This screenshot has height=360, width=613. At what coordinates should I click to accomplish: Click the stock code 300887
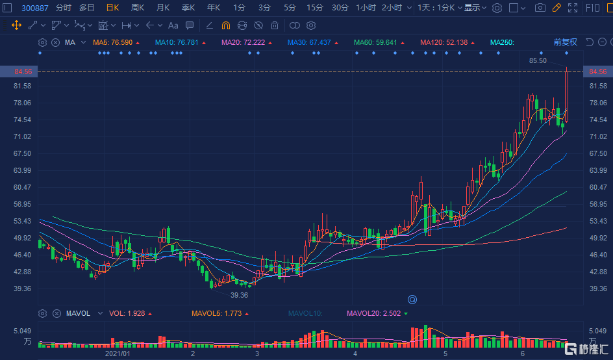[35, 8]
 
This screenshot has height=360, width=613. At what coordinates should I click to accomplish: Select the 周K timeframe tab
[137, 8]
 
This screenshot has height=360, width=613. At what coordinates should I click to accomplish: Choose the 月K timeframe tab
[162, 8]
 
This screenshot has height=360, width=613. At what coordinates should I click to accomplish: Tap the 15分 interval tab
[314, 8]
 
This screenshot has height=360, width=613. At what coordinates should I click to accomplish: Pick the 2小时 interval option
[392, 8]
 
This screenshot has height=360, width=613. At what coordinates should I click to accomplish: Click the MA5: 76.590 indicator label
[112, 42]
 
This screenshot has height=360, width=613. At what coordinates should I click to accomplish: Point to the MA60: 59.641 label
[375, 42]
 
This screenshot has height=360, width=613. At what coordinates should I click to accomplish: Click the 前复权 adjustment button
[565, 42]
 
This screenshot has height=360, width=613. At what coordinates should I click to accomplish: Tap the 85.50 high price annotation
[538, 60]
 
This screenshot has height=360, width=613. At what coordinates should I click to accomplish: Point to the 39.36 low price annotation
[239, 295]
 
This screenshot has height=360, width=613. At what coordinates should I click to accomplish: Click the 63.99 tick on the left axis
[22, 170]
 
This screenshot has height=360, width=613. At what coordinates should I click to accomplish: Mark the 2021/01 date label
[118, 354]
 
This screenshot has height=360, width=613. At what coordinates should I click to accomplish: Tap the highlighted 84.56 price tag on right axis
[597, 71]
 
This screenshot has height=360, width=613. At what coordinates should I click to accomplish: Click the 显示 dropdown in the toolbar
[475, 8]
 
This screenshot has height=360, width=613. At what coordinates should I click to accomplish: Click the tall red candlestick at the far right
[567, 94]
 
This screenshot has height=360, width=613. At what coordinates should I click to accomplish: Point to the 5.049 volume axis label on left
[22, 331]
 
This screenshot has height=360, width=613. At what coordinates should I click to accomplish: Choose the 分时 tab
[64, 8]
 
